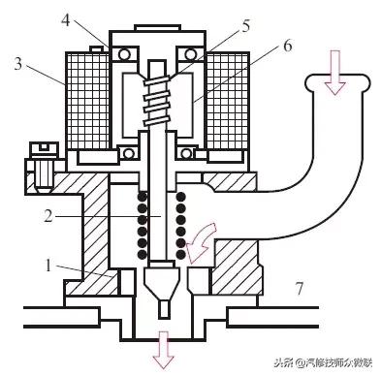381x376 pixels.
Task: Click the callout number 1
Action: [x=48, y=266]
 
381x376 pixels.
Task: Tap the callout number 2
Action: [x=48, y=216]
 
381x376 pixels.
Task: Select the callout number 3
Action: [x=18, y=64]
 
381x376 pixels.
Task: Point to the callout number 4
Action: [x=66, y=20]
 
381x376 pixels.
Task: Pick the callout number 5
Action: [x=246, y=26]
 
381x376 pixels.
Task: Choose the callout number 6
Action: [x=287, y=47]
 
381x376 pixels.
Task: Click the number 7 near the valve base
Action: [x=300, y=289]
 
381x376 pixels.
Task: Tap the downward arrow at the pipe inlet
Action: [x=336, y=73]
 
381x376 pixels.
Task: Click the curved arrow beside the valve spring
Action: [x=201, y=241]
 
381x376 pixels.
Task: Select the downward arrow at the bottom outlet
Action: [x=164, y=350]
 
